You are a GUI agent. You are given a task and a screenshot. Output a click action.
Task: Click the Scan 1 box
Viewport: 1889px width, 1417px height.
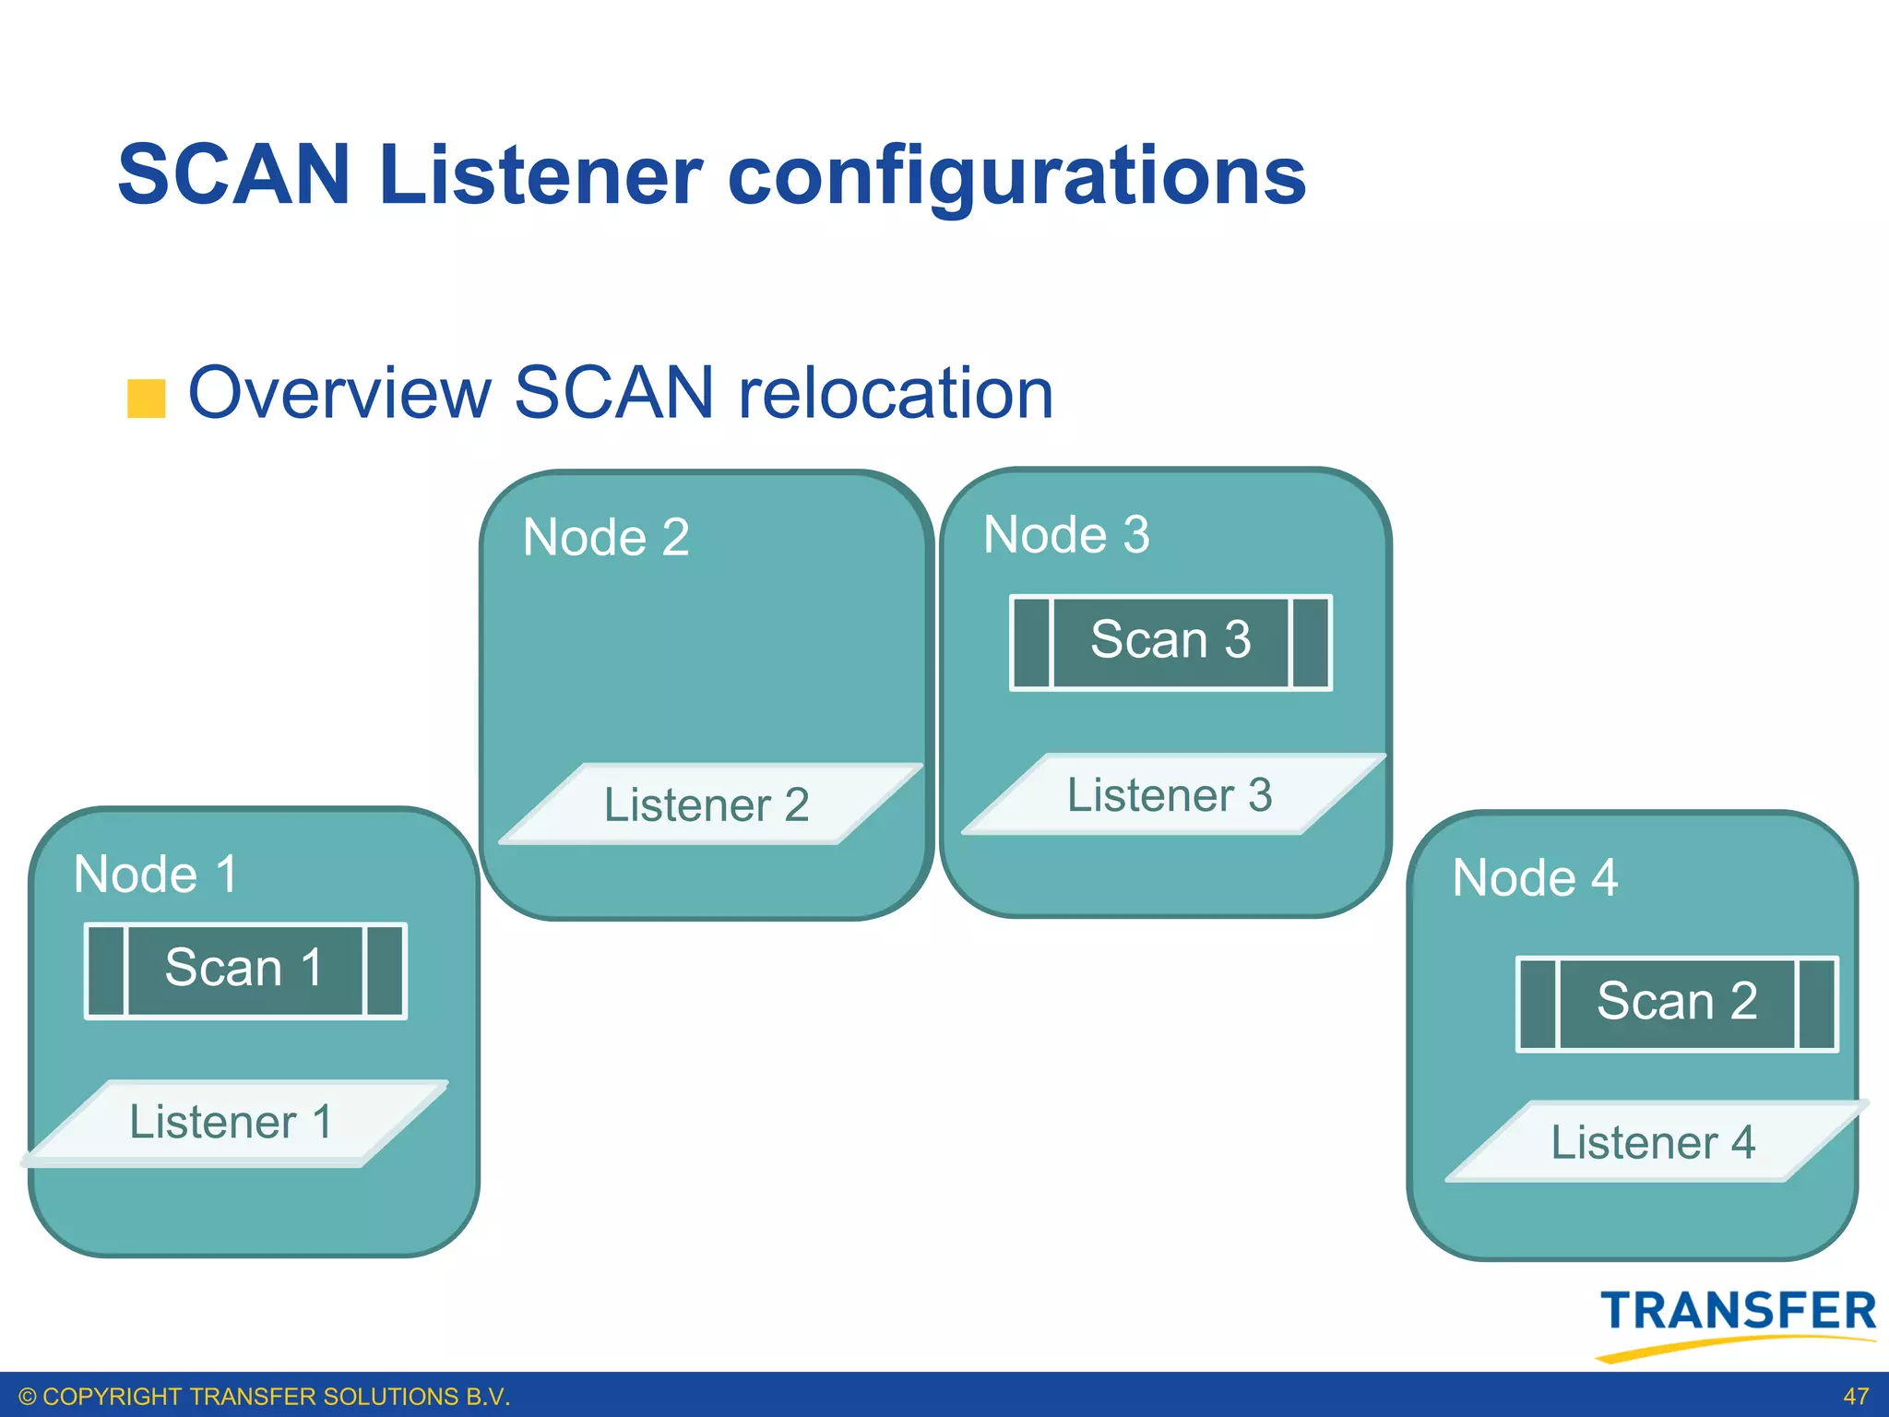244,970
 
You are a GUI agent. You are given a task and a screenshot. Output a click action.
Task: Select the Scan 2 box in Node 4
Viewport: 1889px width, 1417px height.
1676,1003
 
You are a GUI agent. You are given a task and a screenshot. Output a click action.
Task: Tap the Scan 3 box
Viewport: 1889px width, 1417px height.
1170,641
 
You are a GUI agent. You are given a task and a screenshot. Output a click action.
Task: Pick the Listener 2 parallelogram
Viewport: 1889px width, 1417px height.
707,804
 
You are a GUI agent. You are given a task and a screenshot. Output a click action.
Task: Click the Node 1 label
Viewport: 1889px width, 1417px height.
156,874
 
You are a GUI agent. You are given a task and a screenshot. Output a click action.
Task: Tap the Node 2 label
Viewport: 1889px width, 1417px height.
606,537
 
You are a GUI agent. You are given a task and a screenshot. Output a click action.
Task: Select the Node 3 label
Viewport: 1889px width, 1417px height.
1066,534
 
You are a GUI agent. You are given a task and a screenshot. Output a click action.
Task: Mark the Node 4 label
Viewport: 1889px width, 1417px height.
1535,877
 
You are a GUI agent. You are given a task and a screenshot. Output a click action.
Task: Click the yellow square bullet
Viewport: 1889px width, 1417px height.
146,399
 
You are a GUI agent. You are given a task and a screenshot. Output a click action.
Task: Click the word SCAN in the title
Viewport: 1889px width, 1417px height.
234,174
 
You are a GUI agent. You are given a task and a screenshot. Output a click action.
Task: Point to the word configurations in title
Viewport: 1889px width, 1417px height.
1016,177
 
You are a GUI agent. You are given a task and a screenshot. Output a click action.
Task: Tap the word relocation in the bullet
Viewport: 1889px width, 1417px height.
896,393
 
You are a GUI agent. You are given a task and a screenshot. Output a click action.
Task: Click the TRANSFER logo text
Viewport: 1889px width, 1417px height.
1738,1311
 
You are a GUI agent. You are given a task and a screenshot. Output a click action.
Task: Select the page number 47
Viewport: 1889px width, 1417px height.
1855,1397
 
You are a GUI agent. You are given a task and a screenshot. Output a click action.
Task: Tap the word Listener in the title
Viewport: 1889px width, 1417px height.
541,174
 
